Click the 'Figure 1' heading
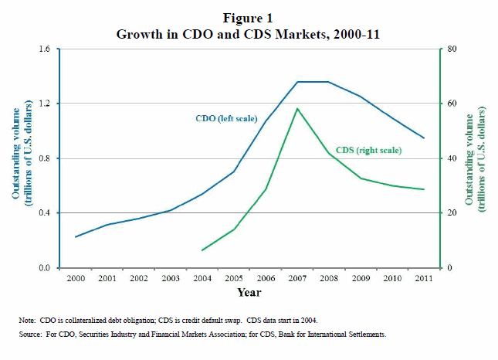coord(248,18)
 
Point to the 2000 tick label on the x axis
coord(75,278)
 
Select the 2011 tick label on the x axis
coord(423,278)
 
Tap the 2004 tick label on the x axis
coord(202,278)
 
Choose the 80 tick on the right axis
coord(452,49)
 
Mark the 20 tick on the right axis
coord(452,213)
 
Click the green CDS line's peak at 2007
coord(297,108)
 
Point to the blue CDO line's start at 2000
coord(76,236)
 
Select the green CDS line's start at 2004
coord(202,250)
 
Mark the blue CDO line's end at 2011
coord(423,138)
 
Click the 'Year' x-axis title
coord(249,293)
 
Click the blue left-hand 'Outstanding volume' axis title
coord(20,158)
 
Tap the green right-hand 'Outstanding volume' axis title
coord(476,158)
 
